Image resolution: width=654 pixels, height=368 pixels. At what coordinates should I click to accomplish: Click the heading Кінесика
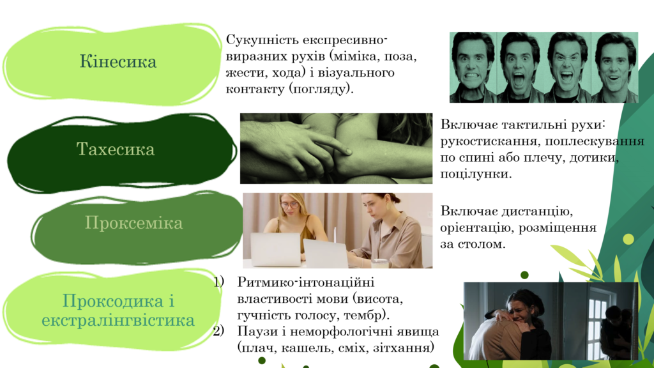coord(118,62)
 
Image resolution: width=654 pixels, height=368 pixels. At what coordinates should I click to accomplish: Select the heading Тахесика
coord(116,149)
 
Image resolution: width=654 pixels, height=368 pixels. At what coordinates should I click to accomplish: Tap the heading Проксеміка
coord(134,223)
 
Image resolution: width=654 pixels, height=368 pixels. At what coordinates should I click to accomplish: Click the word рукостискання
coord(489,141)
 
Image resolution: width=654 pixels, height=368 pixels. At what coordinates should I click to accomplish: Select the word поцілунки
coord(476,174)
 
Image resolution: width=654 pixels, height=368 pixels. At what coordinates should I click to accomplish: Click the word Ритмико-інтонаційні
coord(306,282)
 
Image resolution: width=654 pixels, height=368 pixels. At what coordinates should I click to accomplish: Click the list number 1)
coord(219,282)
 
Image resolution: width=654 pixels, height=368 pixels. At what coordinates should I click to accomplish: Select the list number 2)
coord(219,332)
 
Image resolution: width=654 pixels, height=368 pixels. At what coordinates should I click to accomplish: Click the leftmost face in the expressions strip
coord(472,66)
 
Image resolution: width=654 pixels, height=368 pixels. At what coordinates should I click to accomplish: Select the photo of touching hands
coord(336,148)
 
